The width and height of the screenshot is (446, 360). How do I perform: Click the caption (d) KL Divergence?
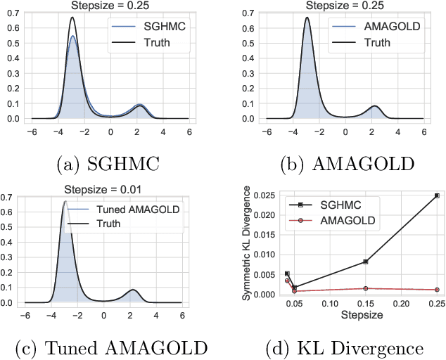(336, 347)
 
